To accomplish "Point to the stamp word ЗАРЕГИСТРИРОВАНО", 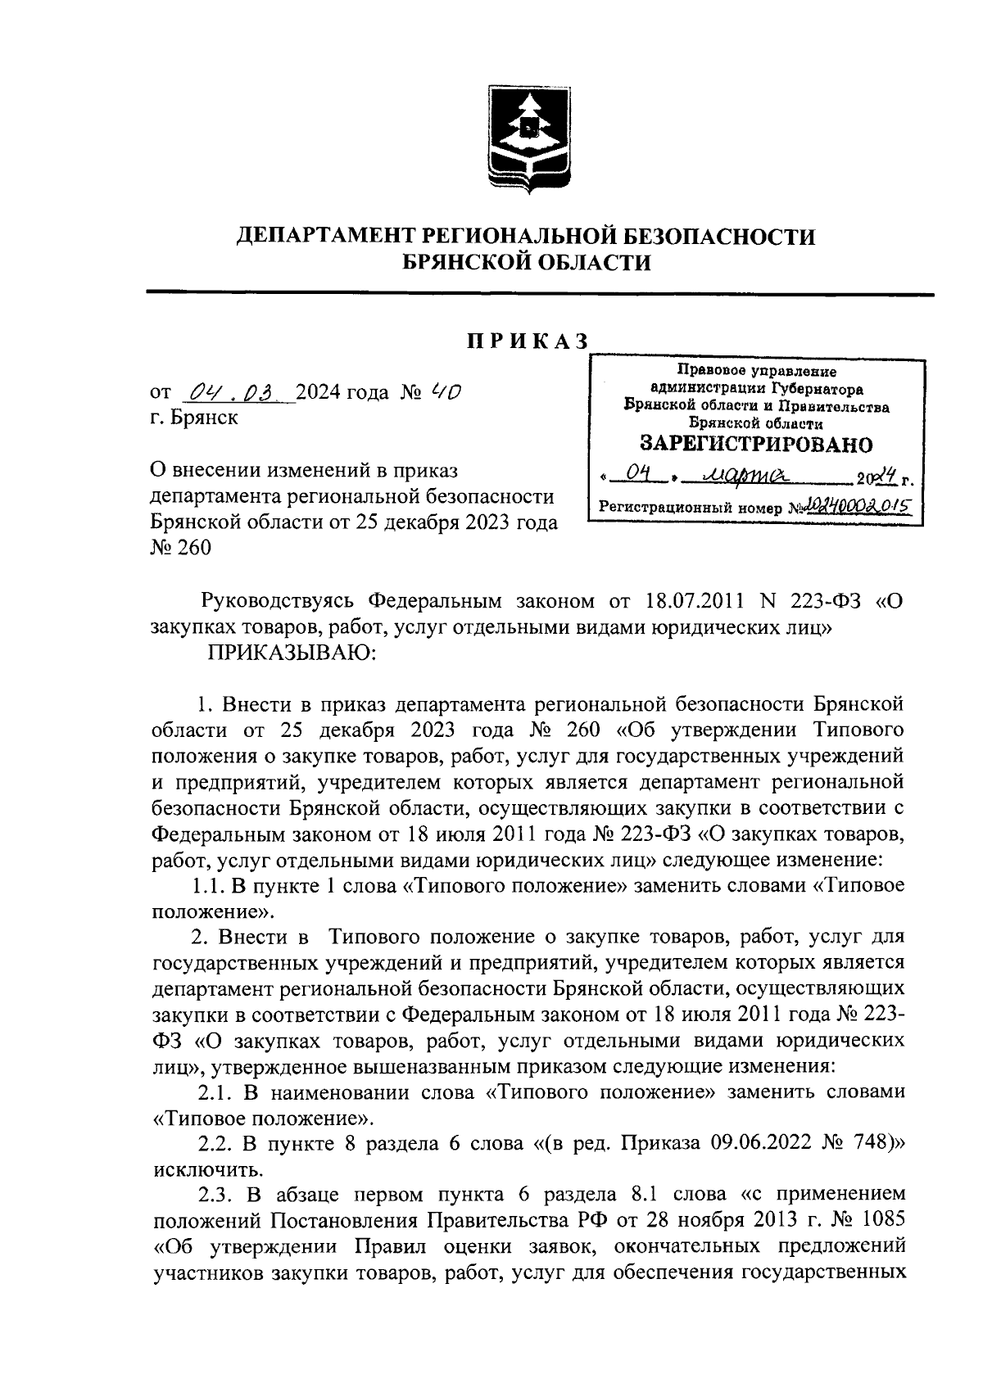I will pos(755,445).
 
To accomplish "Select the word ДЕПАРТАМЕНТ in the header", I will pos(327,237).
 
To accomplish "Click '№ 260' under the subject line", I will pos(181,547).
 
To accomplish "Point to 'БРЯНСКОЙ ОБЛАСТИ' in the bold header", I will pos(528,262).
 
